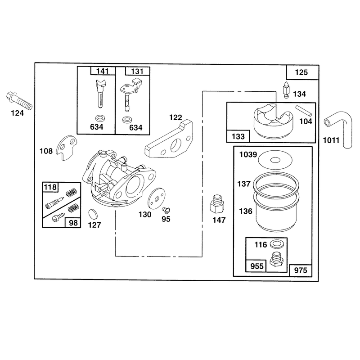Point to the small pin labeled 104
tap(303, 110)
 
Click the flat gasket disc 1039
tap(275, 160)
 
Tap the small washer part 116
tap(277, 244)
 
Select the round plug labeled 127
tap(93, 214)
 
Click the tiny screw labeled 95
tap(165, 209)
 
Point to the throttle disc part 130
tap(157, 198)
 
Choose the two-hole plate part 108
tap(67, 147)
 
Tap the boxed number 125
tap(301, 72)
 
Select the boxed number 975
tap(301, 270)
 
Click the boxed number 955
tap(256, 266)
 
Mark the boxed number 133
tap(238, 136)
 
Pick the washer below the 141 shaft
tap(99, 118)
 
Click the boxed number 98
tap(73, 223)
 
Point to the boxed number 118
tap(50, 187)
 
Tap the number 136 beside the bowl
tap(246, 211)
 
